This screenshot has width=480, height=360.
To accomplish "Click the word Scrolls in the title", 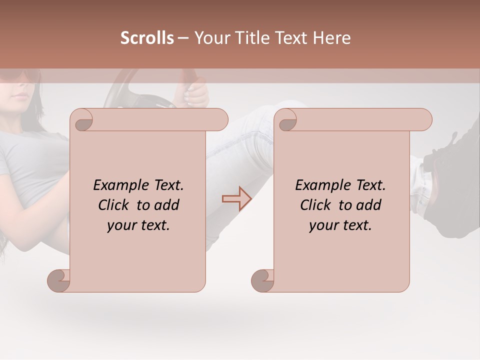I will point(147,38).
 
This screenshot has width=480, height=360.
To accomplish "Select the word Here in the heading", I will point(331,38).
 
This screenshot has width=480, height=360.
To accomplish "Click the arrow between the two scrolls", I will point(236,198).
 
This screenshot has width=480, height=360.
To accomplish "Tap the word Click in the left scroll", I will point(115,205).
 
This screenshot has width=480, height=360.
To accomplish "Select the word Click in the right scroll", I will point(317,205).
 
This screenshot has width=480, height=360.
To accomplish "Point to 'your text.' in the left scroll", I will point(138,225).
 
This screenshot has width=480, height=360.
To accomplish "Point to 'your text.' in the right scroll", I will point(340,225).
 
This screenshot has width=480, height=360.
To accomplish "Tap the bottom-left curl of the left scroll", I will point(59,280).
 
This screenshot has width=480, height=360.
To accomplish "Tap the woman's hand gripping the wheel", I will point(196,93).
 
